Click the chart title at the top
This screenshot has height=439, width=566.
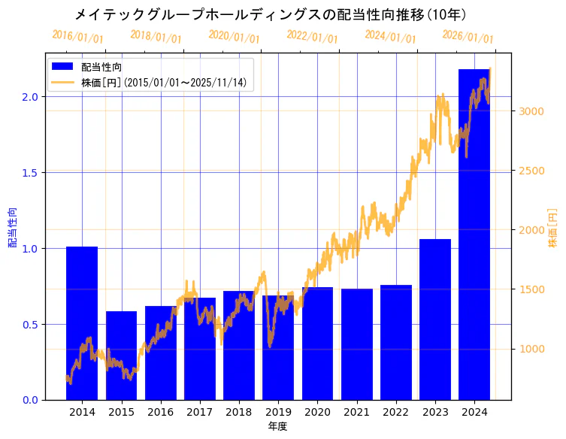[x=282, y=14]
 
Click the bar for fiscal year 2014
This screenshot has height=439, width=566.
[x=82, y=323]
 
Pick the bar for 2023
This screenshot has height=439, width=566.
[x=435, y=319]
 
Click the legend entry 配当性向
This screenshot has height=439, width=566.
[x=102, y=67]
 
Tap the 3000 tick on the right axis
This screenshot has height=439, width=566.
[x=531, y=111]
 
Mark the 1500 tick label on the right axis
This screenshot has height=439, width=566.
[x=531, y=289]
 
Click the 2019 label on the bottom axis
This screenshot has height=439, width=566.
[x=278, y=412]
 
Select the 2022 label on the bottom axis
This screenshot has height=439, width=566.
[x=395, y=412]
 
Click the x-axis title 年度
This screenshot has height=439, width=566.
[x=277, y=426]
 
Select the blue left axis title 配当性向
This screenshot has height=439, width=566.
[x=13, y=227]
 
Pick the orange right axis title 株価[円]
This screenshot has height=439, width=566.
[x=553, y=227]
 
